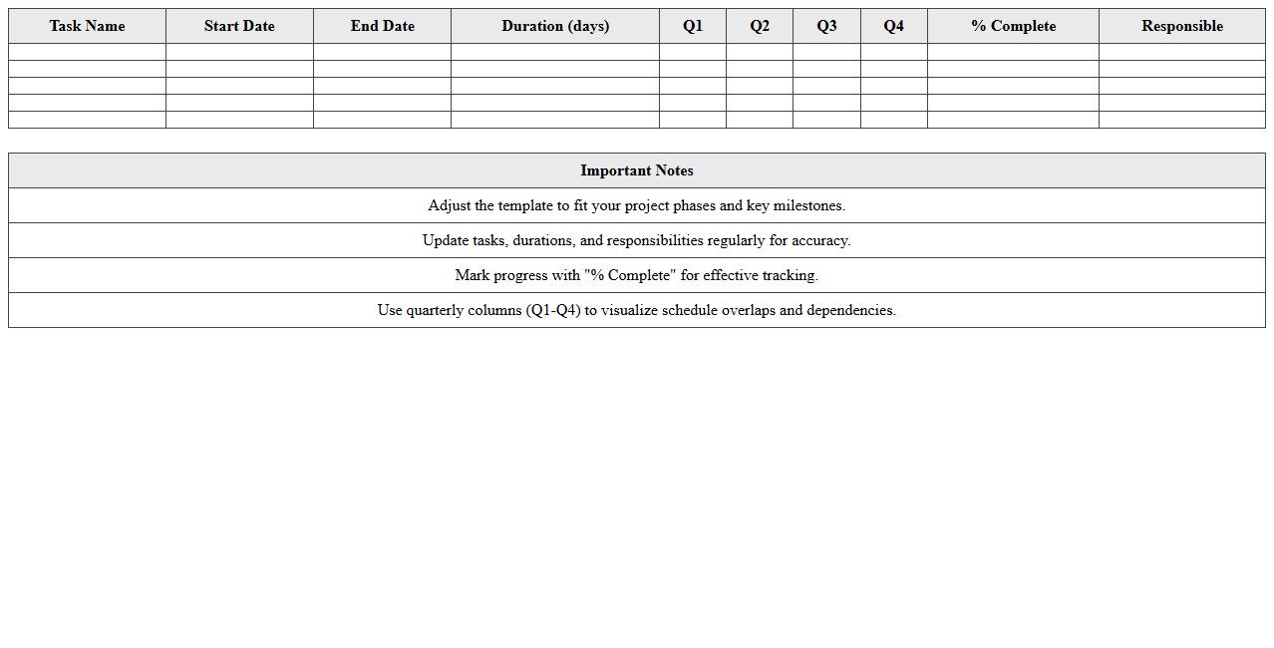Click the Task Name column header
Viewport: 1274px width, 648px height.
point(87,26)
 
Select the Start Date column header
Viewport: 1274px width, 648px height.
point(239,26)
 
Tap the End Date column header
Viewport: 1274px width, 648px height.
point(382,26)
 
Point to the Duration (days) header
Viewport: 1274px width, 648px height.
point(555,26)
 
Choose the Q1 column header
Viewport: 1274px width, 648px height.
point(693,26)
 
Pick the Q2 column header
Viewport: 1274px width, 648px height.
point(760,26)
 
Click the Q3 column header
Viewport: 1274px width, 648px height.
point(826,26)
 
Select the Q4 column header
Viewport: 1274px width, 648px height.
point(893,26)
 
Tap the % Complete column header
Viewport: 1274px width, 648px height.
point(1013,26)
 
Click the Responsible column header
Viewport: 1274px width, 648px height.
point(1182,26)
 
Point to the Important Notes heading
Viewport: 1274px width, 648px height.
point(637,170)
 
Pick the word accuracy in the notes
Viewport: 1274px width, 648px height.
point(820,240)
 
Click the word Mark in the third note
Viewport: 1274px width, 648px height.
point(473,275)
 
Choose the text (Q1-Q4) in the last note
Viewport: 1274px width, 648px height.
point(553,310)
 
